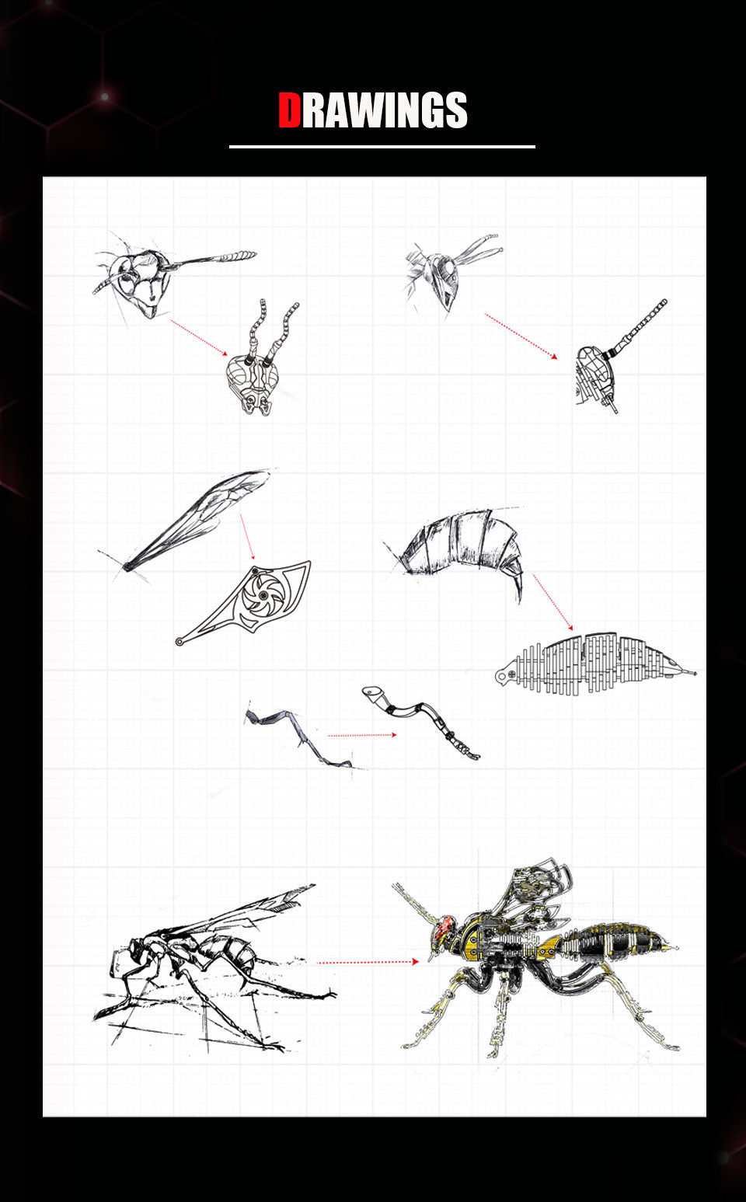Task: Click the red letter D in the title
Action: point(290,110)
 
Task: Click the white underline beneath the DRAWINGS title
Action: point(382,146)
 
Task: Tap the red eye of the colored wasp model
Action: point(444,926)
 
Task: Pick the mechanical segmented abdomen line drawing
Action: point(594,663)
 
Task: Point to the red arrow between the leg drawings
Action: point(361,734)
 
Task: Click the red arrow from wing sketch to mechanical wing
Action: point(248,537)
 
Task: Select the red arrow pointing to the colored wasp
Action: point(368,962)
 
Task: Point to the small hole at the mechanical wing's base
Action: point(180,642)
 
